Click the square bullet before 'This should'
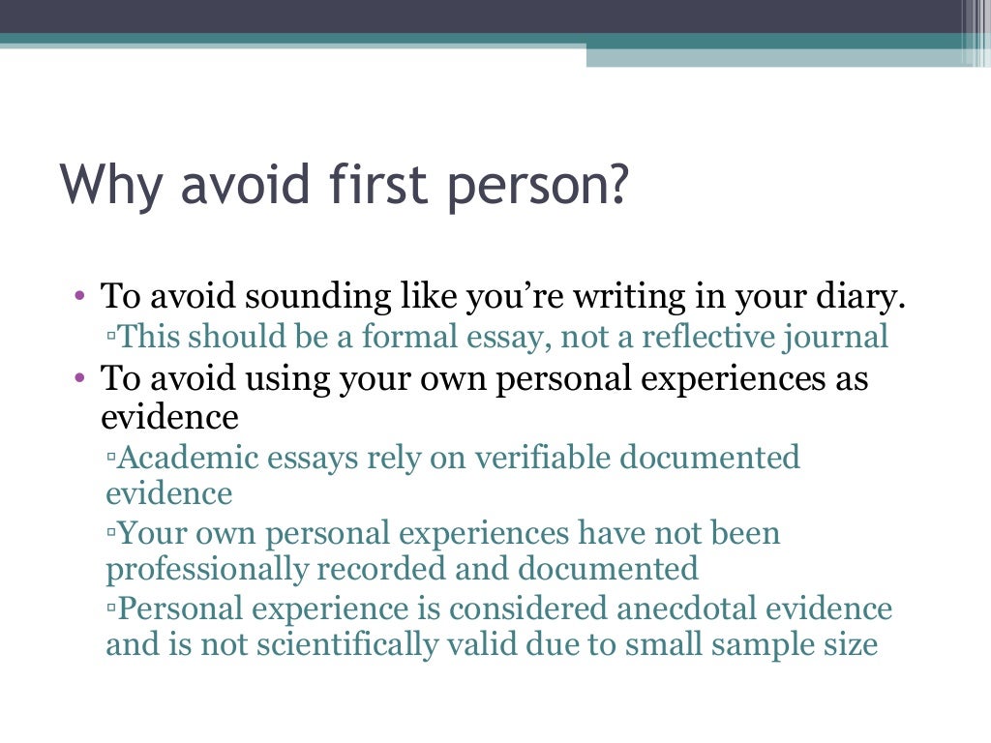click(112, 338)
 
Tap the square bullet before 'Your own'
click(112, 534)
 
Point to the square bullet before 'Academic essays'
click(112, 458)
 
